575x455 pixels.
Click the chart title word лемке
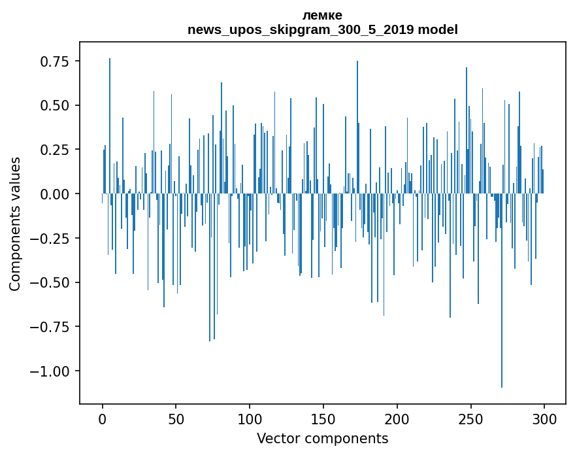[322, 15]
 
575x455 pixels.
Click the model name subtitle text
[322, 29]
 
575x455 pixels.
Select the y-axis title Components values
[14, 224]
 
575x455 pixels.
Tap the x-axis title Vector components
[322, 439]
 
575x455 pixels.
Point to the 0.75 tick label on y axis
[55, 61]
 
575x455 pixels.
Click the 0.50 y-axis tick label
[55, 106]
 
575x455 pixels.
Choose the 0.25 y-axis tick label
[55, 150]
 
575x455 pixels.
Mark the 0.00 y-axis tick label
[55, 194]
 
